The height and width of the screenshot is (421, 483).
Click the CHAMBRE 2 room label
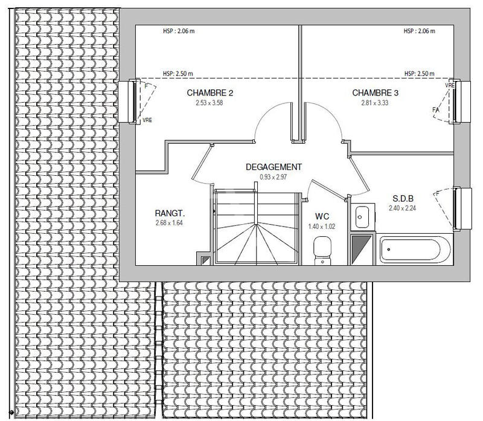point(210,93)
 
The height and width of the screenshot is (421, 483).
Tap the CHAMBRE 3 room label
point(376,93)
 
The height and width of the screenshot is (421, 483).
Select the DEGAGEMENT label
point(273,167)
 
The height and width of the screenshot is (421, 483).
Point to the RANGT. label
point(169,213)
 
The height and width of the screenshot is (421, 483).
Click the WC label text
point(321,216)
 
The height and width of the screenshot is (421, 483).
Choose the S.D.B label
point(403,199)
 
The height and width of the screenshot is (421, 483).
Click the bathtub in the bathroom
point(414,249)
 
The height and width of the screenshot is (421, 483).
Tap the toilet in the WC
point(323,249)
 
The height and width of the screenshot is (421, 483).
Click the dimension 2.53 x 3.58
point(210,103)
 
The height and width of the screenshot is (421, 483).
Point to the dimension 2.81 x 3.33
point(376,103)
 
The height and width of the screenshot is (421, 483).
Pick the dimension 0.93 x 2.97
point(273,177)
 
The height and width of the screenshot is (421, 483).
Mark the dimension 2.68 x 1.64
point(169,223)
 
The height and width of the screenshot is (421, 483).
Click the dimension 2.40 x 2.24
point(403,208)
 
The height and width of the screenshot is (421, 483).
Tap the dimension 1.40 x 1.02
point(321,226)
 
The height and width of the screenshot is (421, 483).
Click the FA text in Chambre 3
point(435,110)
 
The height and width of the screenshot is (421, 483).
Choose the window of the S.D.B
point(463,208)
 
